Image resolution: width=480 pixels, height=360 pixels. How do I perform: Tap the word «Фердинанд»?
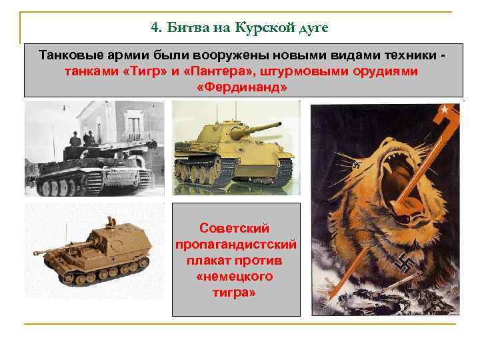coord(243,87)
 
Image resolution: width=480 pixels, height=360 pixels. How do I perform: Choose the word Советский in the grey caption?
coord(236,229)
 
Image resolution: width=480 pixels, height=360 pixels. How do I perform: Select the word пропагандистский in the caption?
coord(236,245)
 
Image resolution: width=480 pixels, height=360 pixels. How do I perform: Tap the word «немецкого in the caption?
coord(236,277)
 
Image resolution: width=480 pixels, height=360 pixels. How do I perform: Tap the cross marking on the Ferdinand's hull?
coord(117,257)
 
